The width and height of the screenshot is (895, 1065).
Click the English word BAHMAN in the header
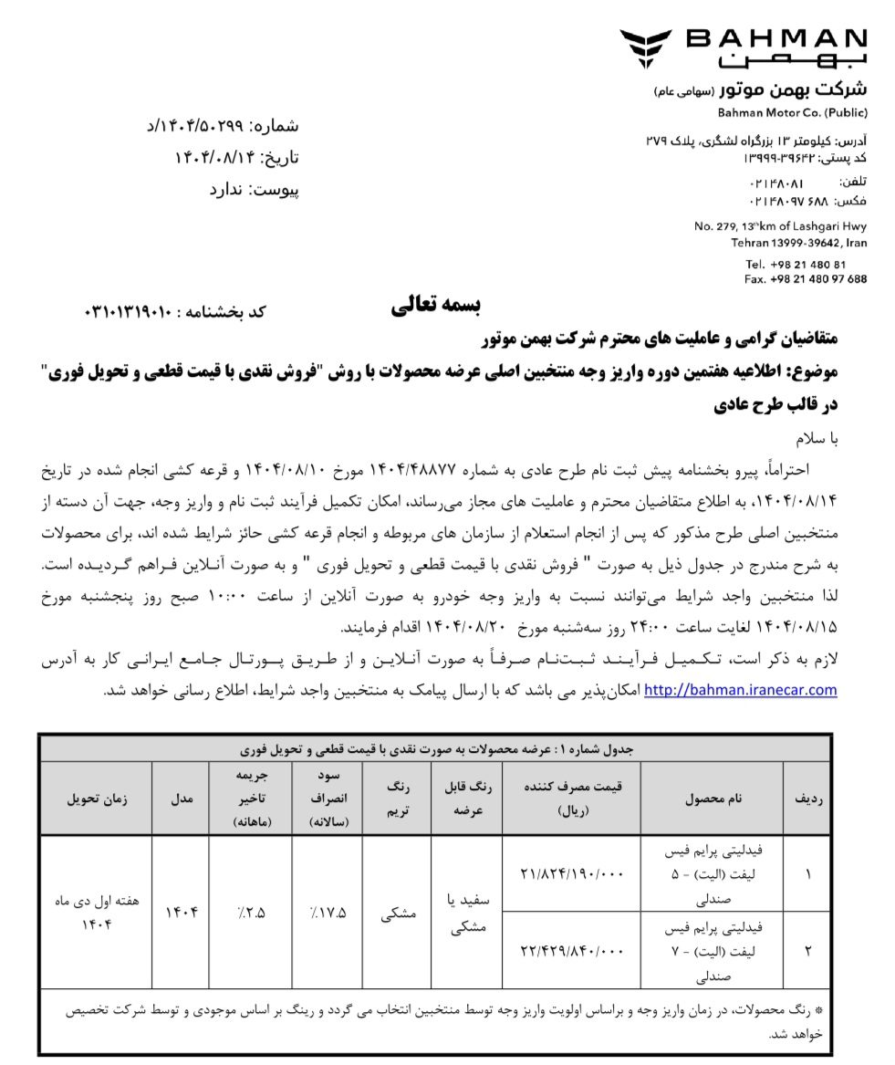pyautogui.click(x=776, y=37)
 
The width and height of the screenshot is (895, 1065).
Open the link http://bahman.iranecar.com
pyautogui.click(x=740, y=690)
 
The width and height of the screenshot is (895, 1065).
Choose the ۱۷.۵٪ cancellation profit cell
pyautogui.click(x=327, y=912)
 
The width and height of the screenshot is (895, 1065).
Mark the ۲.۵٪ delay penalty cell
pyautogui.click(x=250, y=912)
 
